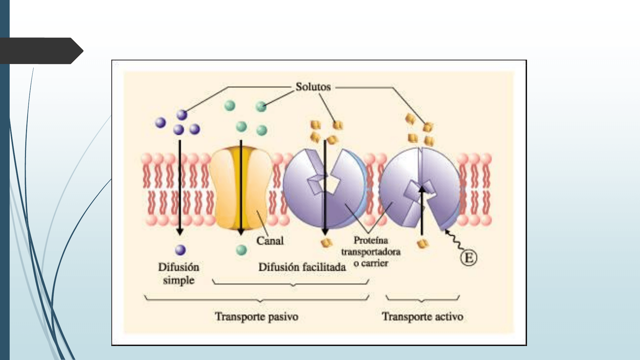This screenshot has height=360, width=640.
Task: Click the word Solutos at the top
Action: click(313, 87)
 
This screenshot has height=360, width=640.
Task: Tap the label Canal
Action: click(270, 241)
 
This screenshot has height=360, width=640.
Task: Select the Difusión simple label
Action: click(179, 273)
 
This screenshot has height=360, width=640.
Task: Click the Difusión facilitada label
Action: click(302, 267)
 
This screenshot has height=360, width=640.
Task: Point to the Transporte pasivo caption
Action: click(256, 316)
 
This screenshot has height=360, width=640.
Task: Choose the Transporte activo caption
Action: click(422, 316)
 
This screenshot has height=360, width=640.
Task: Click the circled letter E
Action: click(469, 258)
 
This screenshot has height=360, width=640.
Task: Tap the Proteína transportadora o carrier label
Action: click(371, 252)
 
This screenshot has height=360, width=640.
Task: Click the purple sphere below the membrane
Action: click(180, 250)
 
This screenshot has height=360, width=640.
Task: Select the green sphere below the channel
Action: click(241, 250)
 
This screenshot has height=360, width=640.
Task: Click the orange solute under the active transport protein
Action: click(423, 244)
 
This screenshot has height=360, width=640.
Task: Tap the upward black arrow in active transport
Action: click(422, 210)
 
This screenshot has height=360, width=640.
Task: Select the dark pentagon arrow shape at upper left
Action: click(40, 51)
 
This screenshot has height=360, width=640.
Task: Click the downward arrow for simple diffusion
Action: click(180, 187)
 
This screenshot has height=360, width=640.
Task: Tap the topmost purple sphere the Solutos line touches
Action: click(182, 115)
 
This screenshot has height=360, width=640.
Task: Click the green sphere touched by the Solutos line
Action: click(261, 106)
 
